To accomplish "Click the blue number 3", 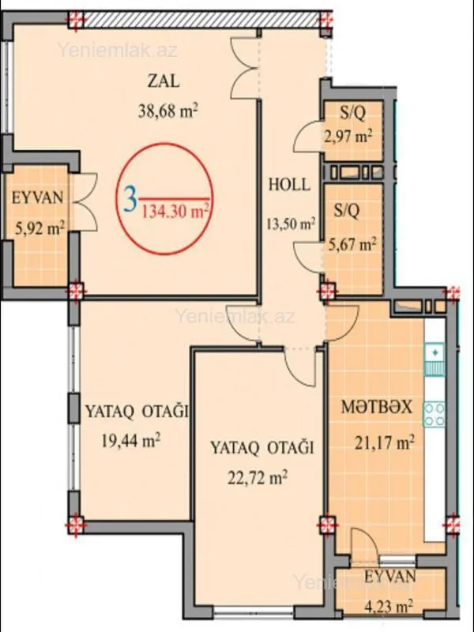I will click(x=130, y=197).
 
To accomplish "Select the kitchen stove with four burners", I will click(x=434, y=415).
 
